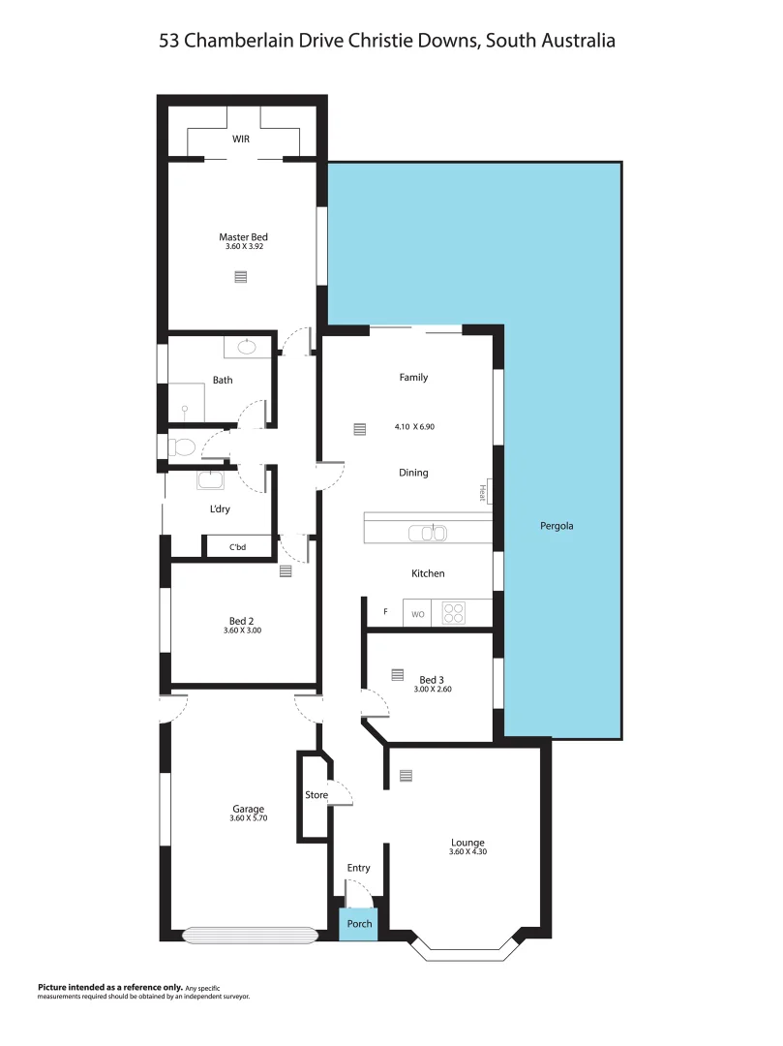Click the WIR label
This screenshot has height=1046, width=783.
[x=241, y=139]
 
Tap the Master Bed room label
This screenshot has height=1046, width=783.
[x=243, y=237]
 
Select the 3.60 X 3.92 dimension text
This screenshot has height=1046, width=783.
[x=243, y=248]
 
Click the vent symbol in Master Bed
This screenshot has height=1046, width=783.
[x=241, y=277]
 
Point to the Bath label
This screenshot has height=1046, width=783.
[x=223, y=381]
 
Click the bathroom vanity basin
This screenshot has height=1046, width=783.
[x=246, y=346]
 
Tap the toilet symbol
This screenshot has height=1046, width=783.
[x=182, y=446]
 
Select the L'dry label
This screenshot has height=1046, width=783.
[x=220, y=509]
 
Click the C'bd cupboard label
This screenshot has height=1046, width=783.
[x=237, y=547]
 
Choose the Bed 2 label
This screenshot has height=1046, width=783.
[x=241, y=621]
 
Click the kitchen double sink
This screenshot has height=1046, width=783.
[x=427, y=533]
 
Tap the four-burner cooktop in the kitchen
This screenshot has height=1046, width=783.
[x=453, y=613]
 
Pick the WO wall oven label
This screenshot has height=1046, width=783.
[x=418, y=614]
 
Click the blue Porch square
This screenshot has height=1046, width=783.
[x=359, y=924]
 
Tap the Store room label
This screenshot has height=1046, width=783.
[x=316, y=795]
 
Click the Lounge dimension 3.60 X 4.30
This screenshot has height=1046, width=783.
[x=467, y=852]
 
